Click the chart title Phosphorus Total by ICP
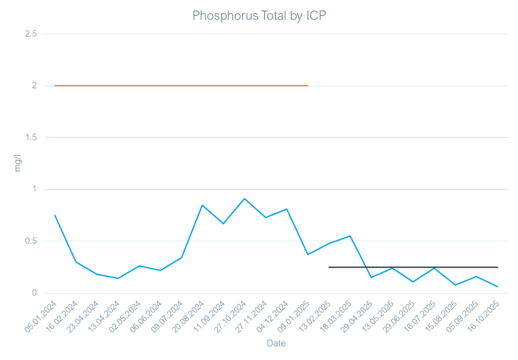tap(259, 16)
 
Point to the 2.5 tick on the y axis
tap(31, 34)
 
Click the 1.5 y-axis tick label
tap(31, 137)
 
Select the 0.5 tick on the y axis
tap(31, 241)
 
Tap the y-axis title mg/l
tap(17, 163)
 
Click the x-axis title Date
tap(276, 343)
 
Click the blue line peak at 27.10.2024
tap(244, 198)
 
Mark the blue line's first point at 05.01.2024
tap(55, 215)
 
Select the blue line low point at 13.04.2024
tap(118, 278)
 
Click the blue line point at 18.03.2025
tap(350, 236)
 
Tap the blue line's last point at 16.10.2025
tap(498, 287)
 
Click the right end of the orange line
tap(308, 86)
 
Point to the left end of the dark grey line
tap(329, 267)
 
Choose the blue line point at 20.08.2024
tap(202, 205)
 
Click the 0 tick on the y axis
tap(34, 293)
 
